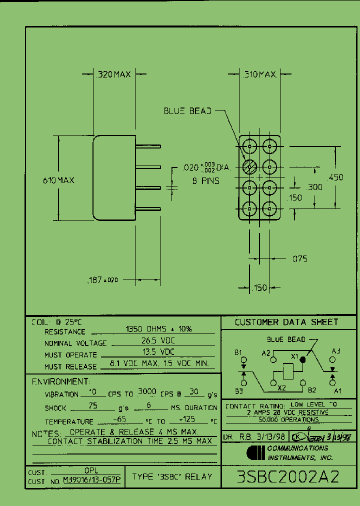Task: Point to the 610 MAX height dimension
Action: point(58,180)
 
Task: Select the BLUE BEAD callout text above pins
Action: point(187,110)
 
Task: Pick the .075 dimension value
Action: point(299,258)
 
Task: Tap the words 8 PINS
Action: point(206,181)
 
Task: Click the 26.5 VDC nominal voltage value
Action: point(158,341)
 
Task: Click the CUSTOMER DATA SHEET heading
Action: point(286,322)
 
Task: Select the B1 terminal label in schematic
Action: point(238,352)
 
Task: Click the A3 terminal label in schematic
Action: point(336,351)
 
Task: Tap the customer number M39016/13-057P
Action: point(91,480)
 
